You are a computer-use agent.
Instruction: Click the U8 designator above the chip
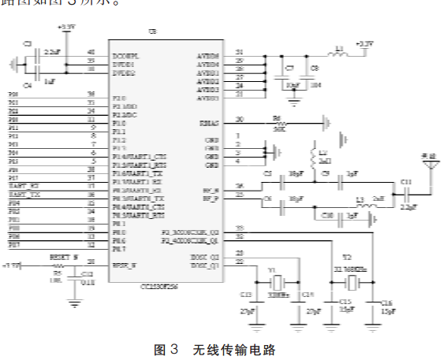[x=152, y=31]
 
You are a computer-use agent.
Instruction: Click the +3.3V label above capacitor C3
[x=66, y=27]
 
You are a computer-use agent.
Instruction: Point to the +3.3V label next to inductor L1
[x=364, y=43]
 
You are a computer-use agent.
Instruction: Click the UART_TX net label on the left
[x=24, y=194]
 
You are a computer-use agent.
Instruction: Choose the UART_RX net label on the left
[x=24, y=186]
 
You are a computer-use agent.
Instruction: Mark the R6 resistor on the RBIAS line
[x=277, y=123]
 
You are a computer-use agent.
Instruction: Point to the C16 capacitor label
[x=387, y=302]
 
